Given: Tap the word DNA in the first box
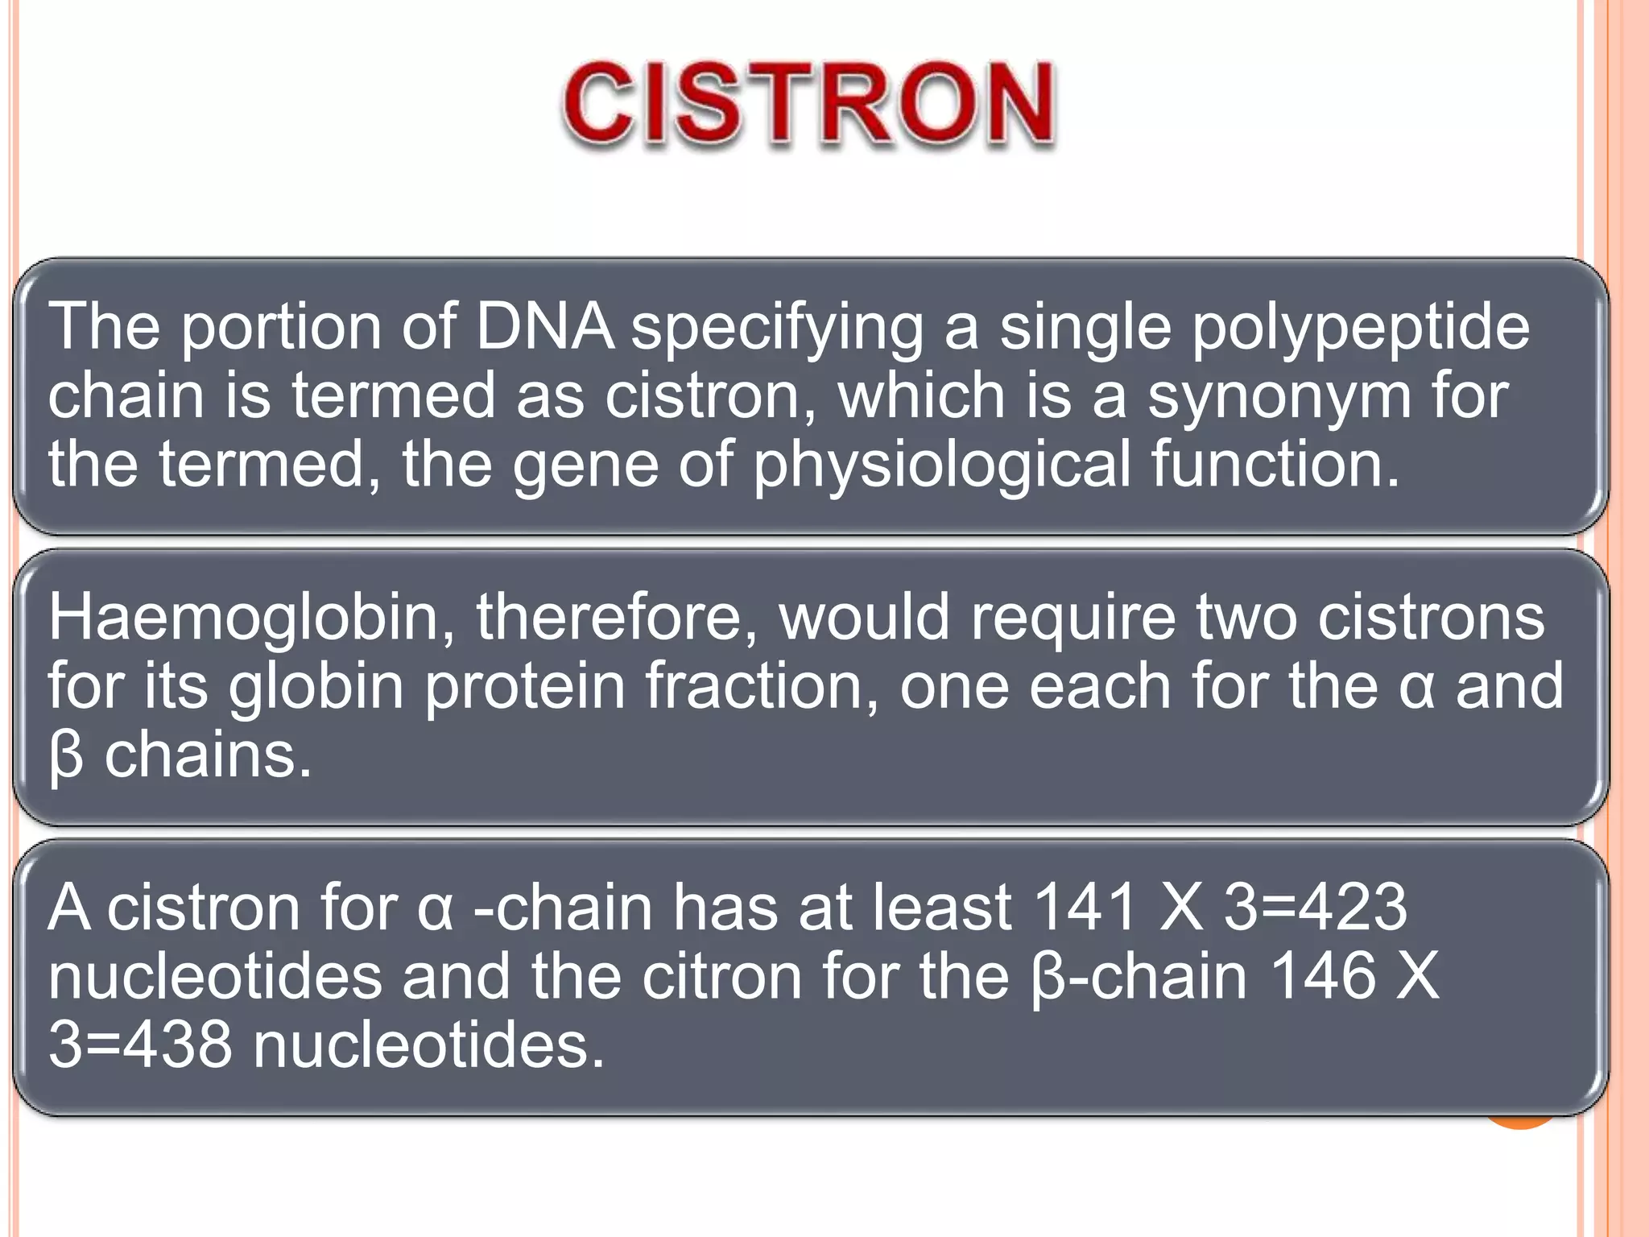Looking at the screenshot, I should coord(544,327).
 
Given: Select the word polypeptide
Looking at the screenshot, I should coord(1360,329).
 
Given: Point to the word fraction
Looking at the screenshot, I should coord(762,686).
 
